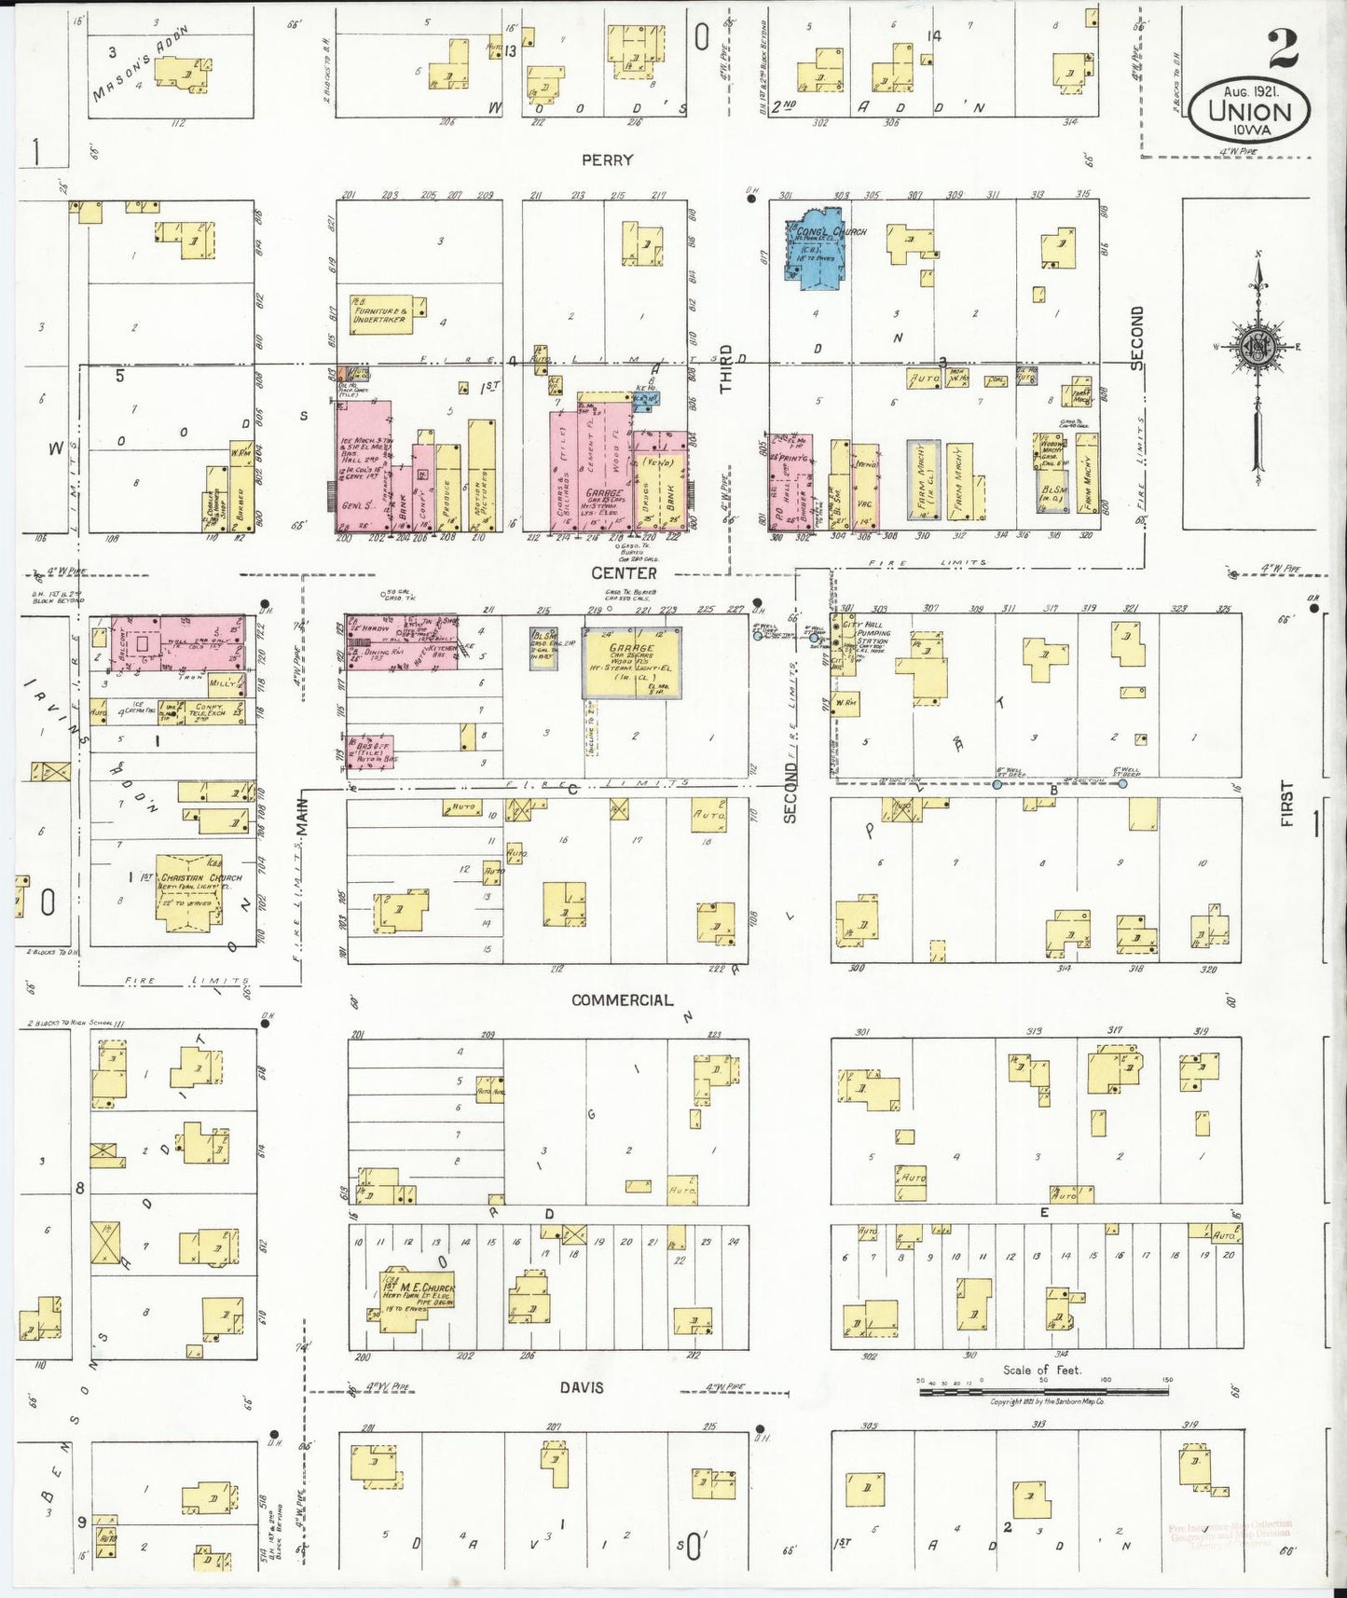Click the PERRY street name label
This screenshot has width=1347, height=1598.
point(607,159)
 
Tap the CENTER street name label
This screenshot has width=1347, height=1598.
point(624,573)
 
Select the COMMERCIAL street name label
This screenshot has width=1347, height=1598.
point(622,999)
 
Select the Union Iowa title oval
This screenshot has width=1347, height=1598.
point(1250,108)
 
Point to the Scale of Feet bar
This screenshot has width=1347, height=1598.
point(1044,1391)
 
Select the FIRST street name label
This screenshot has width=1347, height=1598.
point(1287,806)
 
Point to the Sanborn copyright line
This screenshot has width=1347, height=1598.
point(1048,1402)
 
